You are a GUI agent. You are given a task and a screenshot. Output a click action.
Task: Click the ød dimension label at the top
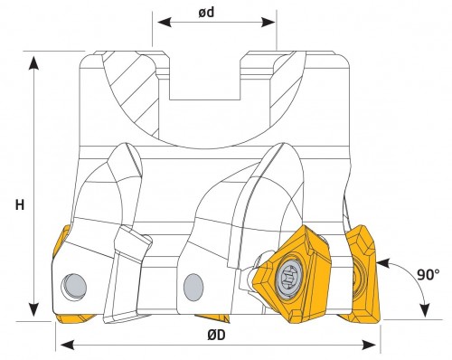pos(206,13)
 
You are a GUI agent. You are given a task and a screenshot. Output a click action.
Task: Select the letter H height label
pos(20,205)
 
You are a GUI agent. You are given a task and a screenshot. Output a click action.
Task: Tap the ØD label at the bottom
pos(216,336)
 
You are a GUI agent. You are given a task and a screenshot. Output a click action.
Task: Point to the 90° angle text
pos(428,274)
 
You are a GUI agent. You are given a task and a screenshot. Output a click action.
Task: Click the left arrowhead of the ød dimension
pos(165,22)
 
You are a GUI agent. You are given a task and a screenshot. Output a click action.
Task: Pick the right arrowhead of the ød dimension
pos(268,22)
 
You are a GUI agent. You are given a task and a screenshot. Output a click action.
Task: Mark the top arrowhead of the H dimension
pos(33,63)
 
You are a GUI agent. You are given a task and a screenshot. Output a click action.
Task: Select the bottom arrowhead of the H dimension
pos(33,309)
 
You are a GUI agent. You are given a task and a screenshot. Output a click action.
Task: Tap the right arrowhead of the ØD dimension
pos(369,345)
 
